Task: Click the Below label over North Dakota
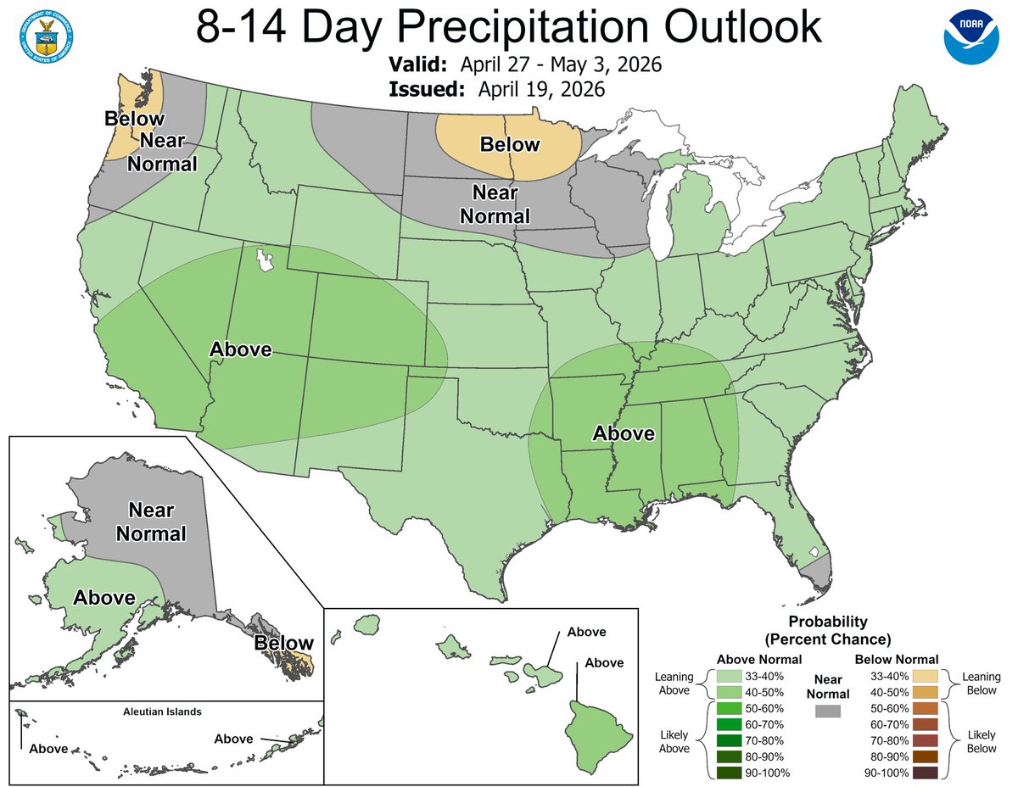509,144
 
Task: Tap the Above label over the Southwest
240,349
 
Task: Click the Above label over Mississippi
624,433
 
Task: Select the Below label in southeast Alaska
284,643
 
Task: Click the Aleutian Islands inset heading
161,712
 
